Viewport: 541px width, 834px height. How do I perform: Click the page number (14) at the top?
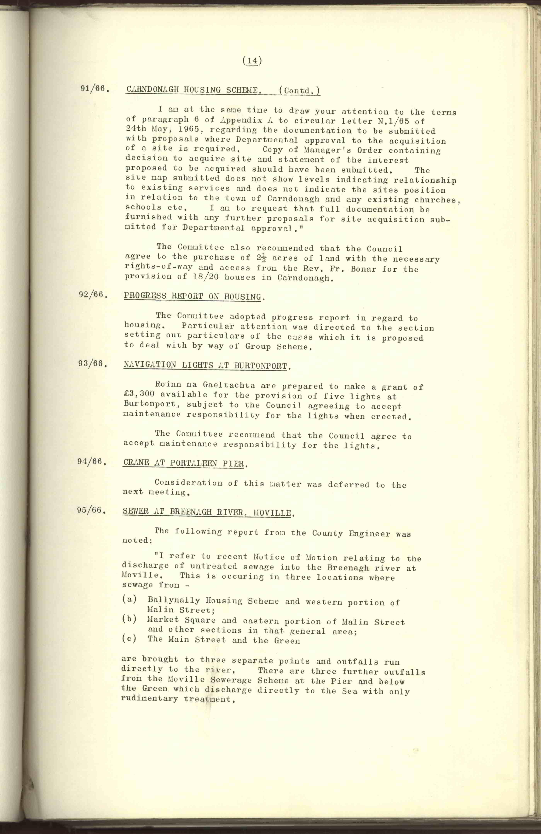click(x=252, y=61)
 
